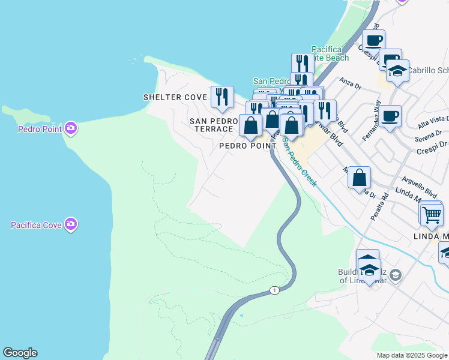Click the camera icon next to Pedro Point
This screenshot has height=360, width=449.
(71, 128)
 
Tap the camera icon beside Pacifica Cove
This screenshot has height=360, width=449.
(71, 224)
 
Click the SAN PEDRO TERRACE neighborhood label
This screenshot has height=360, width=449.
(211, 125)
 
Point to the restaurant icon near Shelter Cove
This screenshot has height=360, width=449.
(222, 97)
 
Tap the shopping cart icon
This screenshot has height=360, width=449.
(431, 214)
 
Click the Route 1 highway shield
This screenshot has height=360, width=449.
(274, 290)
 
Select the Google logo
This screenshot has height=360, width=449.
(20, 353)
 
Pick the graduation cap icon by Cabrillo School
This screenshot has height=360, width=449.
(397, 71)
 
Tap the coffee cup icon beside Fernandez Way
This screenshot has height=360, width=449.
(390, 116)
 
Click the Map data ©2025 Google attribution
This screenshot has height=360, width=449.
(412, 355)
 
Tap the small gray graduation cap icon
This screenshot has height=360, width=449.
(396, 275)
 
